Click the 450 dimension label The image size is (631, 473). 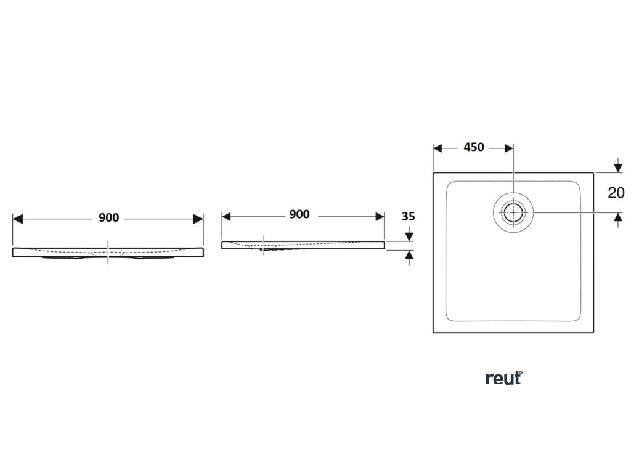click(x=473, y=147)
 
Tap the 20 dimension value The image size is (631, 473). click(x=616, y=192)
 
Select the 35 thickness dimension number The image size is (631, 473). click(x=408, y=217)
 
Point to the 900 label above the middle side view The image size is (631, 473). click(x=299, y=214)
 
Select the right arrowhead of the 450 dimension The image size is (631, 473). click(x=508, y=148)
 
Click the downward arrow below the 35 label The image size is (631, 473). click(x=408, y=236)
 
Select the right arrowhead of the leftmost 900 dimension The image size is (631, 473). click(x=198, y=219)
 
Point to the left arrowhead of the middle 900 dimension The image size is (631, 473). click(x=226, y=216)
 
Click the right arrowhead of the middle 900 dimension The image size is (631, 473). click(x=380, y=216)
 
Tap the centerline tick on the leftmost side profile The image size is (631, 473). click(x=108, y=252)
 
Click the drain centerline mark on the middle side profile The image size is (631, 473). click(x=263, y=245)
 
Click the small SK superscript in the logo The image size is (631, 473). click(x=520, y=373)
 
